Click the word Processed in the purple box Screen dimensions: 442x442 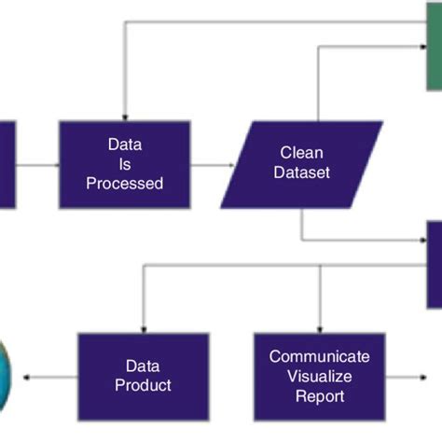124,184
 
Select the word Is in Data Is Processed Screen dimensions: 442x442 124,163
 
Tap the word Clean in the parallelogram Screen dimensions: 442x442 301,152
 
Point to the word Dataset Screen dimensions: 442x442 301,173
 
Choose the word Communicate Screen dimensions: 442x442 320,356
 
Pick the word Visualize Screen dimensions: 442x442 320,376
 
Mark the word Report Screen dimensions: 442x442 320,396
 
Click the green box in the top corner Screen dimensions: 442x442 434,47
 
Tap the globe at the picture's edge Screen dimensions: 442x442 5,375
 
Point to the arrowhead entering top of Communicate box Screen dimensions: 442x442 320,327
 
